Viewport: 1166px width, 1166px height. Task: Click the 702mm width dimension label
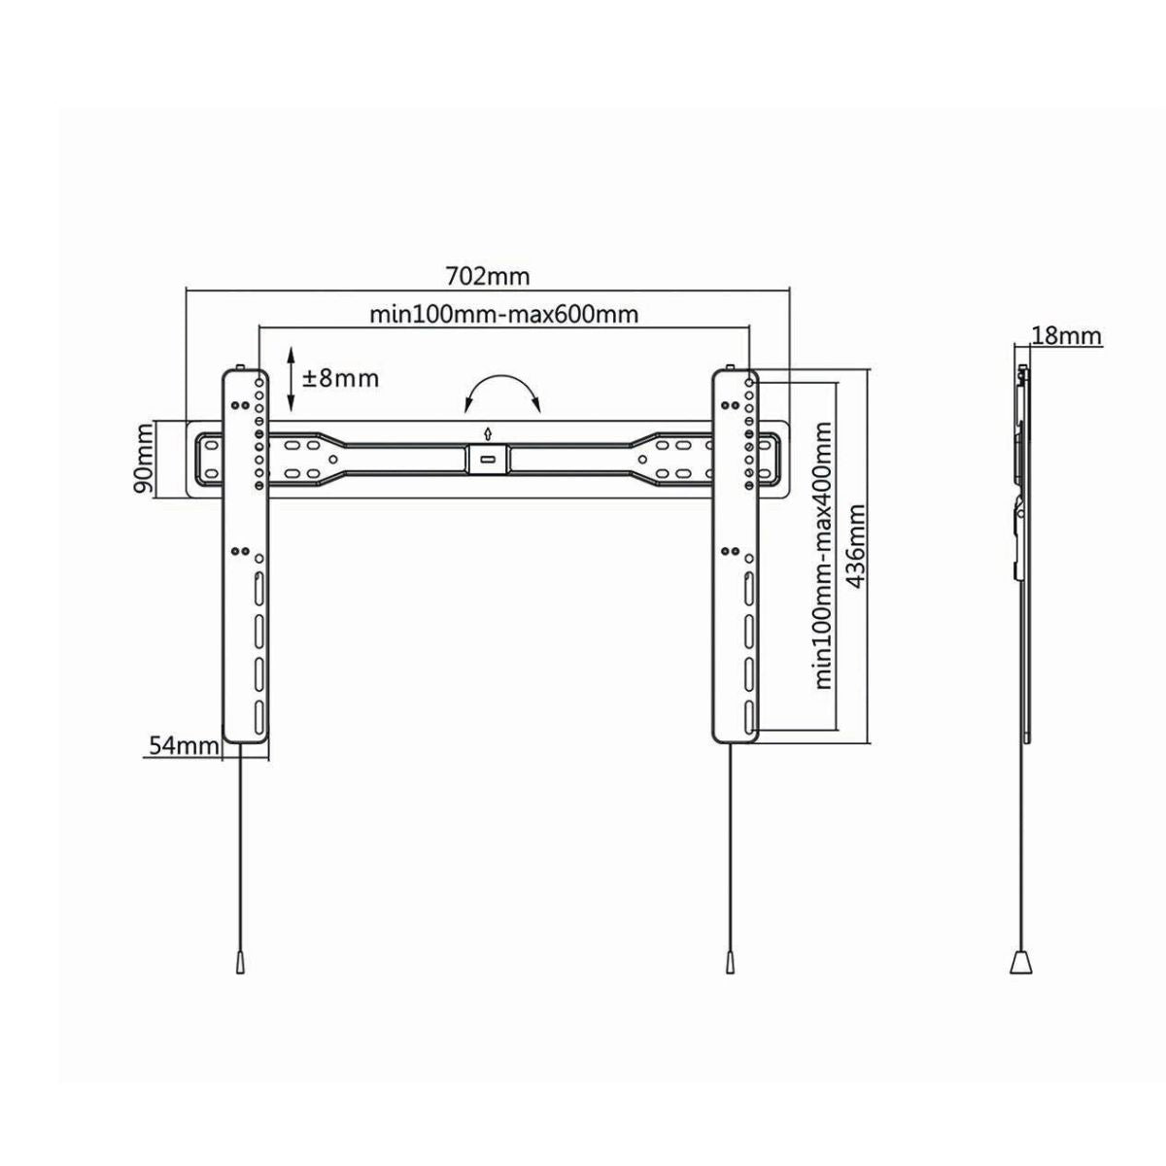(488, 277)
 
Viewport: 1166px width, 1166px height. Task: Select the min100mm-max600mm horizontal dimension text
(504, 315)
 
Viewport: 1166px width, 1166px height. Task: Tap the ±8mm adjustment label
(341, 379)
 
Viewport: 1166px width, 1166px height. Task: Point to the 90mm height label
(145, 459)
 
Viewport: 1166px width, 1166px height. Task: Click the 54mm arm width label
(184, 746)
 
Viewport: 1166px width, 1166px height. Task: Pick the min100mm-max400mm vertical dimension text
(824, 556)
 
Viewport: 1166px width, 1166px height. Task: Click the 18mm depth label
(1066, 335)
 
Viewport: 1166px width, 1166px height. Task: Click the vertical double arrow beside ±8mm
(291, 379)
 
